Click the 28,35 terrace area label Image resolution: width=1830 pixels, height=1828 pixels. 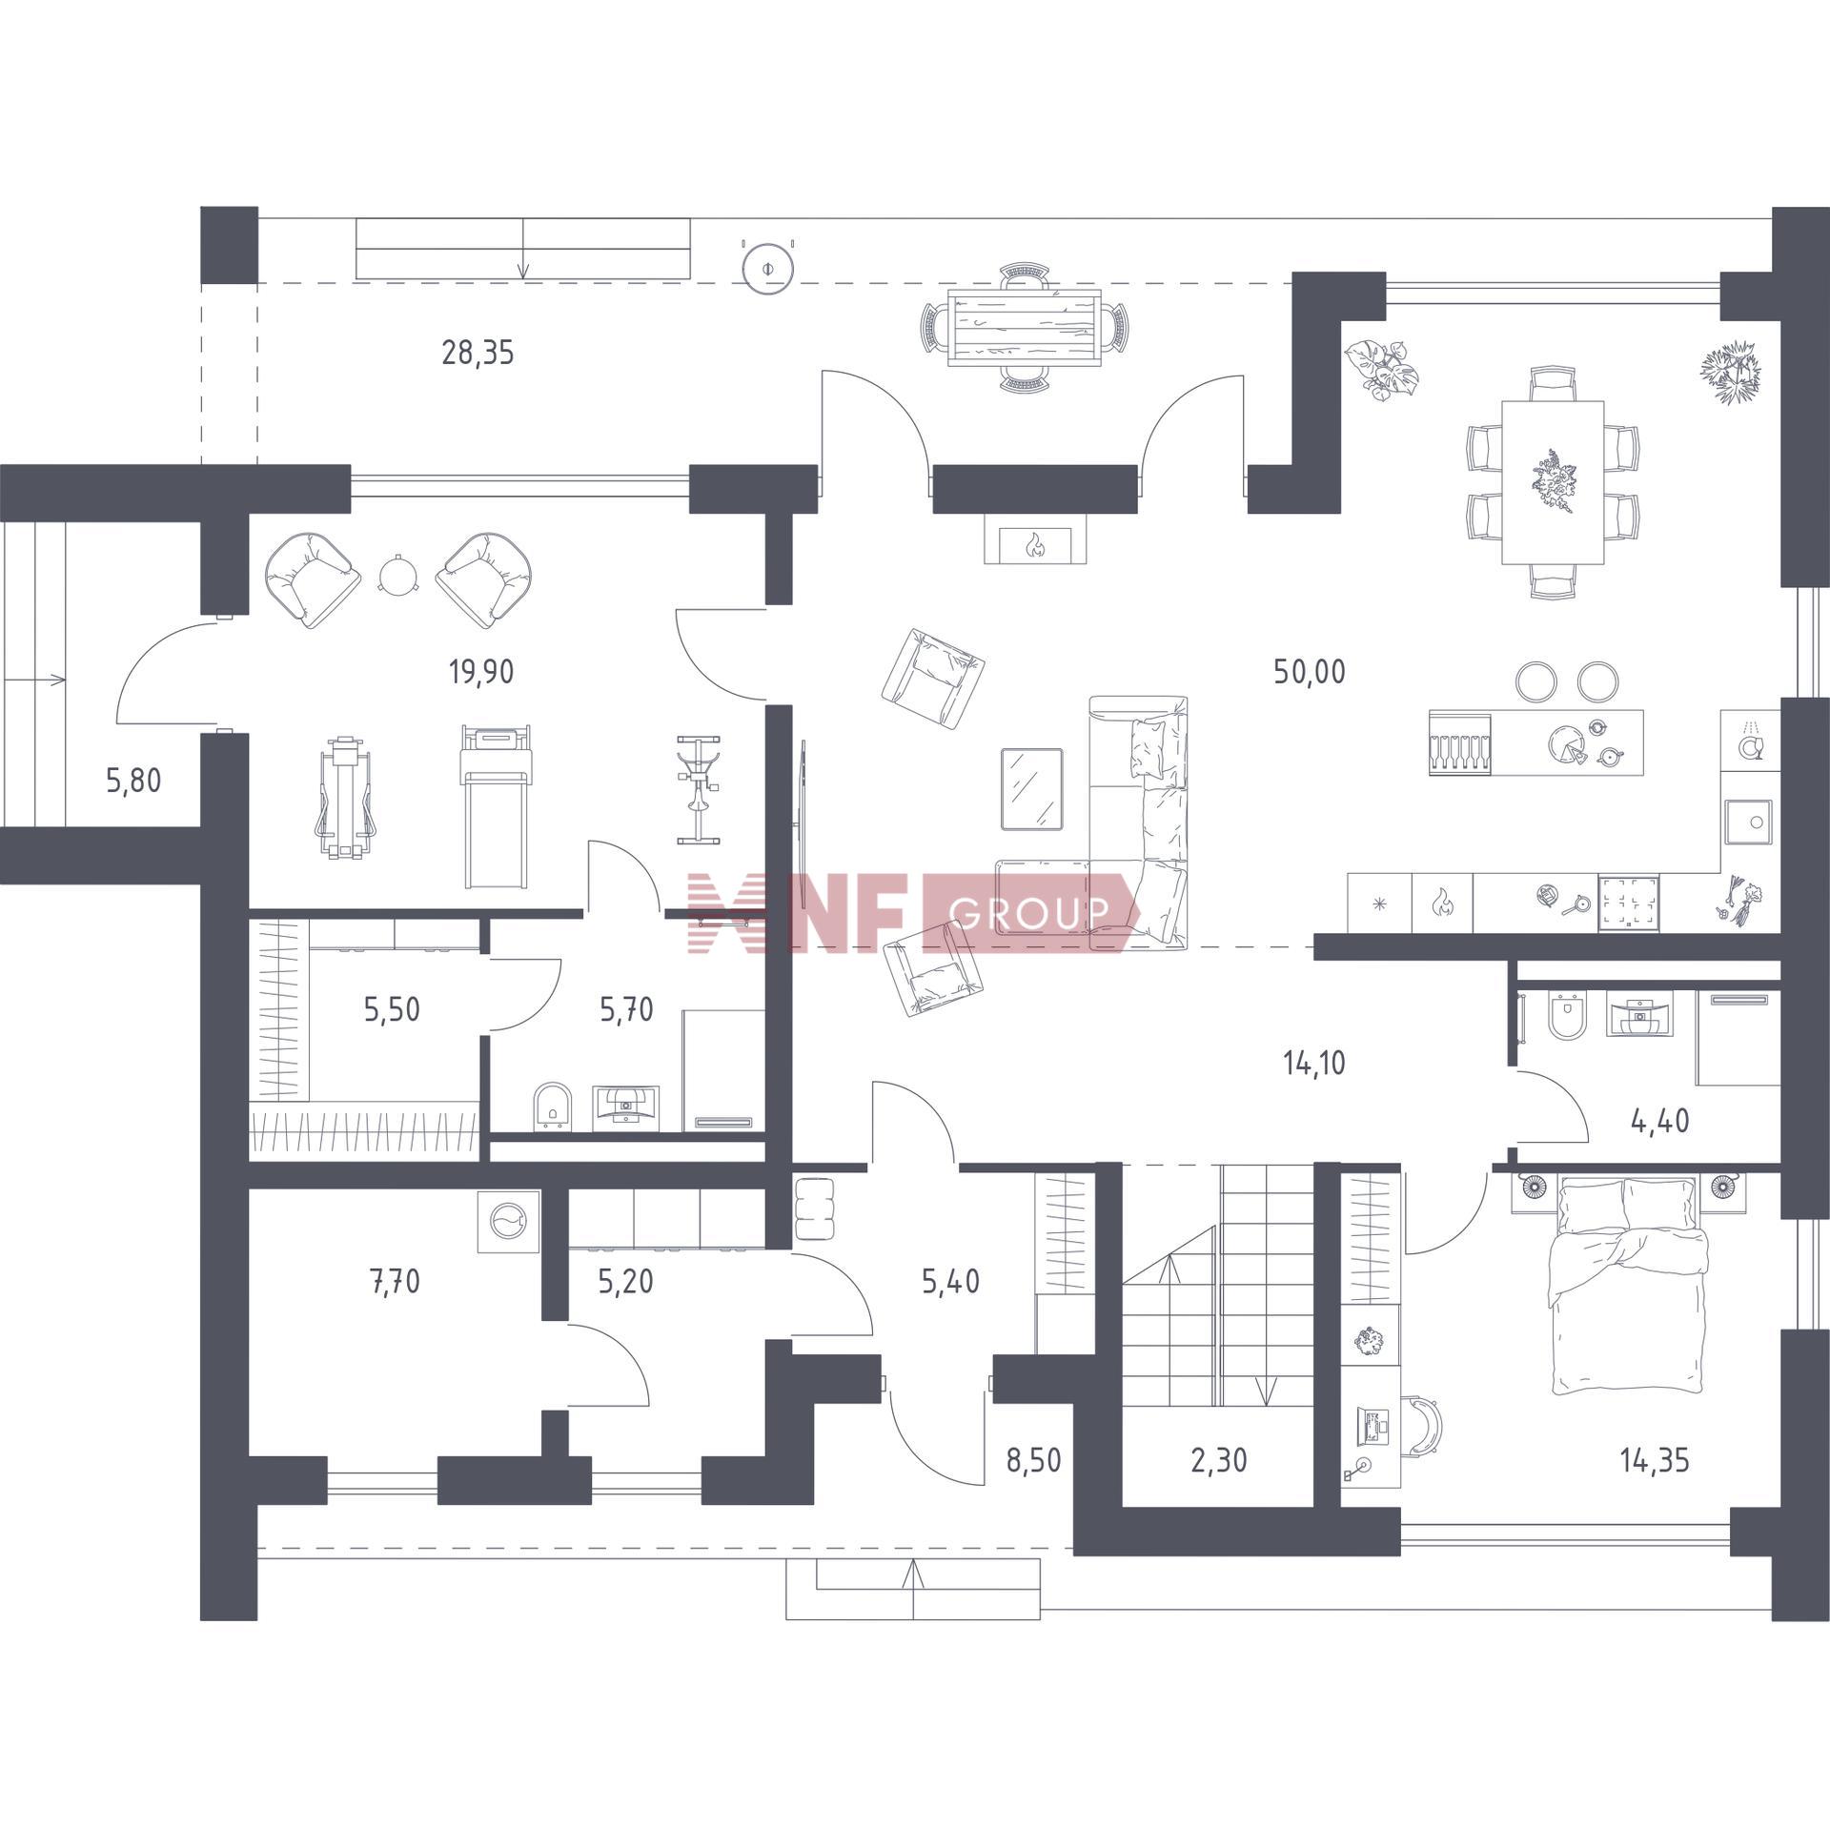pos(478,354)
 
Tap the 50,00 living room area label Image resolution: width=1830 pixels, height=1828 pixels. pos(1310,672)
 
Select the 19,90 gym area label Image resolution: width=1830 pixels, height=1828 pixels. pos(481,672)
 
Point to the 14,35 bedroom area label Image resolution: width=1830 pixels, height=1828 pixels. pos(1655,1460)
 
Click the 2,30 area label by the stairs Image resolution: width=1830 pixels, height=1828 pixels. pos(1218,1460)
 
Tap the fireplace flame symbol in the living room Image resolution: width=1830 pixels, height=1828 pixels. pos(1035,546)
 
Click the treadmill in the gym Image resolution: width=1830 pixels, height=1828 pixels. pos(496,806)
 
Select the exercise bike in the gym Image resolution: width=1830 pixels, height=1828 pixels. pos(699,789)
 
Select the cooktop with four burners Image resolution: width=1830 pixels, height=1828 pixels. pos(1629,902)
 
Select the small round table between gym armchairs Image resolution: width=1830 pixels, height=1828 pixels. pos(398,576)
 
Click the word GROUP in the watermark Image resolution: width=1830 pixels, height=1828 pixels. pos(1030,913)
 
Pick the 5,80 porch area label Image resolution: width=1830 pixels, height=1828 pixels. pos(133,782)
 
